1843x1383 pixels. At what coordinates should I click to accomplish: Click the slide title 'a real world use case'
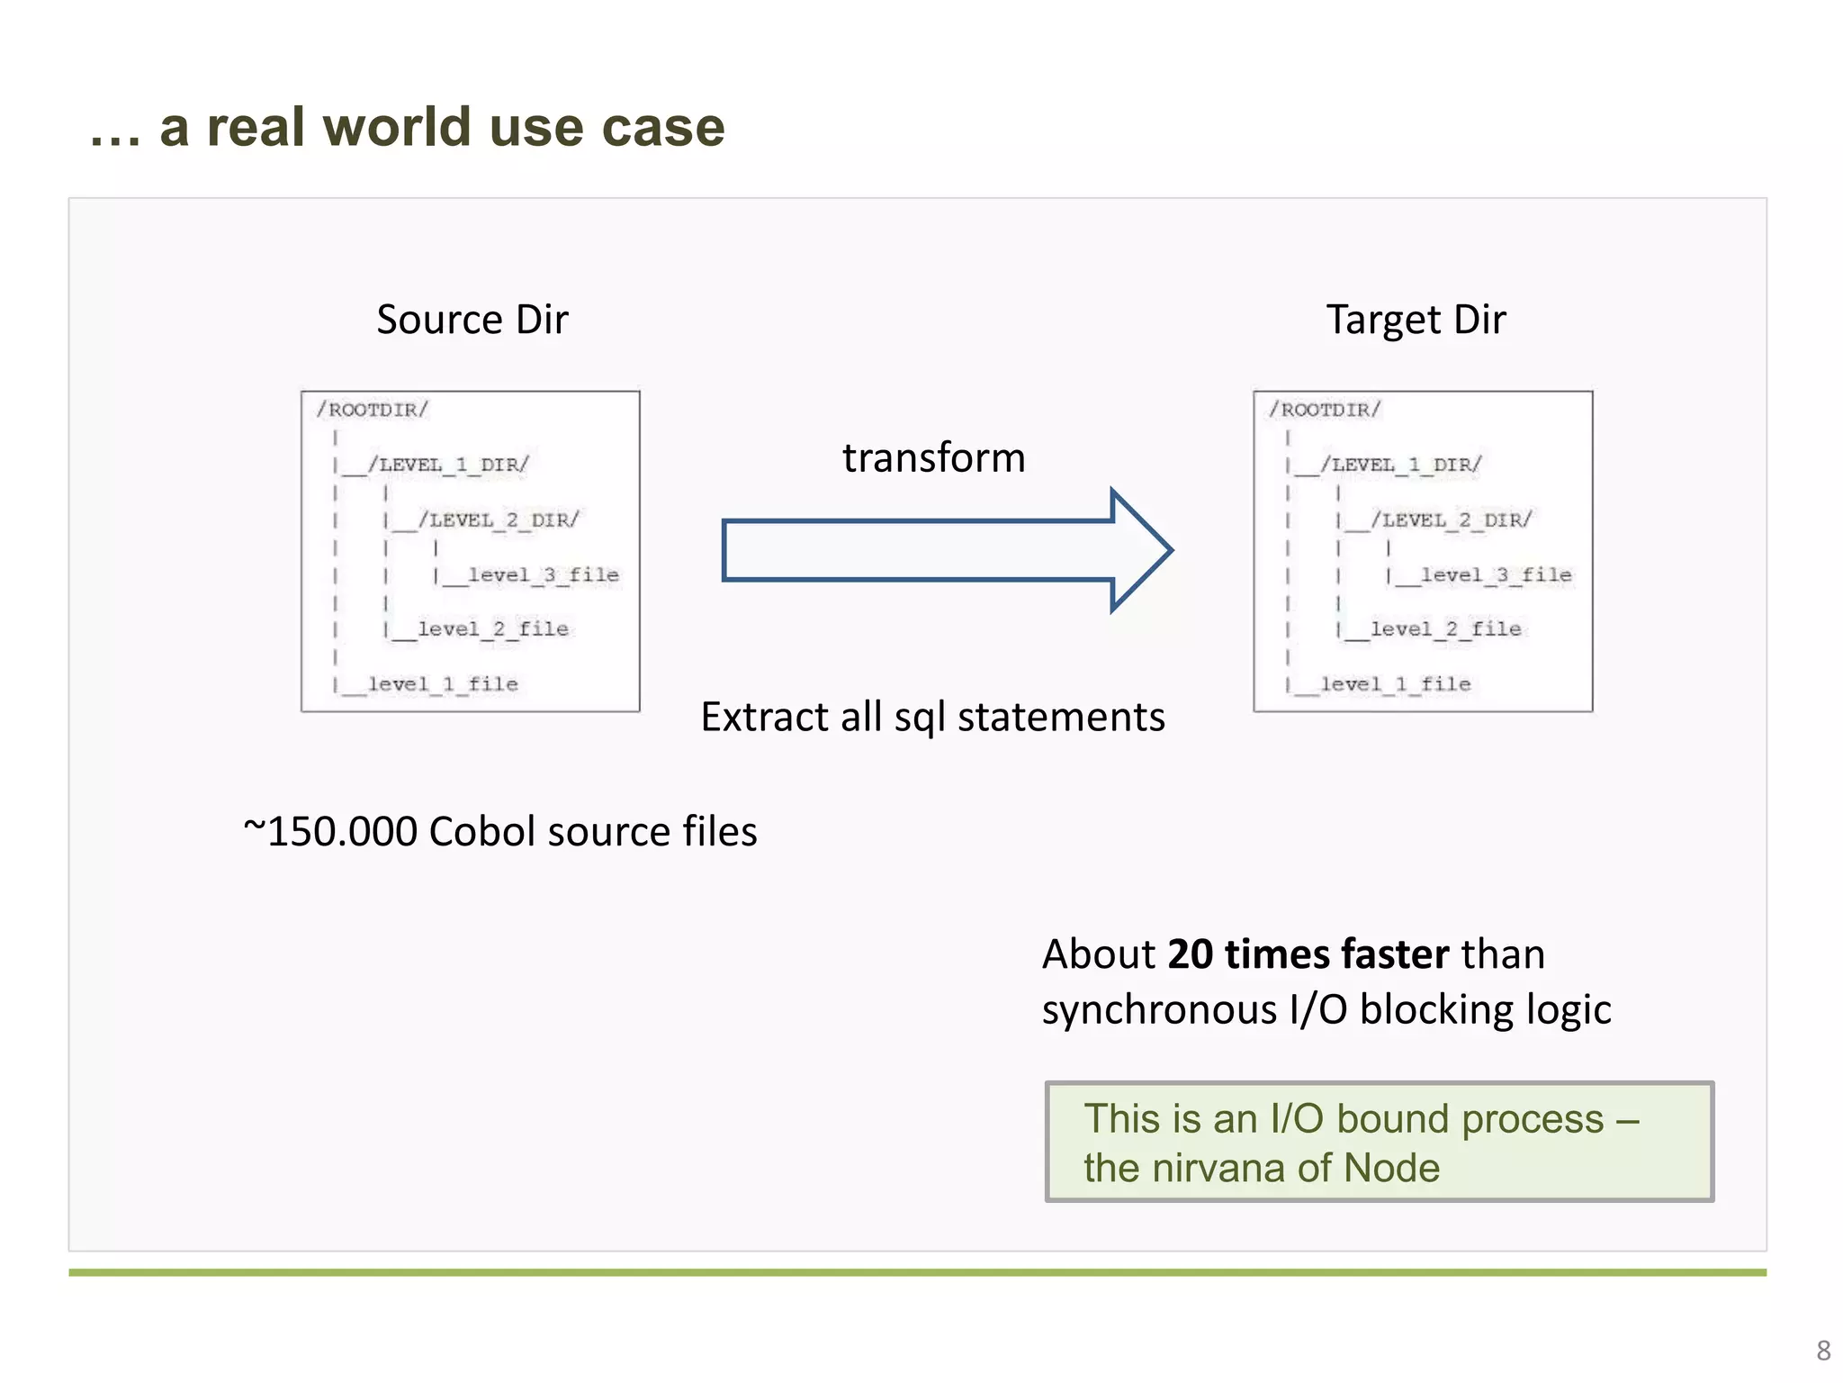pos(441,126)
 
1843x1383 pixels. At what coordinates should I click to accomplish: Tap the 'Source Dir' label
pos(472,320)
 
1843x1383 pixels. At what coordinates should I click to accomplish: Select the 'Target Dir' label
pos(1416,320)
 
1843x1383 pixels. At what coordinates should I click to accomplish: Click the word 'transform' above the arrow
pos(933,457)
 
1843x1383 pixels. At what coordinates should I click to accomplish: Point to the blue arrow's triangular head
pos(1140,550)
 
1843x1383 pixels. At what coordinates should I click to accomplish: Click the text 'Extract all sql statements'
pos(932,718)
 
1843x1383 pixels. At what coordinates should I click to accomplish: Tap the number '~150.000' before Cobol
pos(330,831)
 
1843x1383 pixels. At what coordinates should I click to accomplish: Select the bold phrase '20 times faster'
pos(1308,954)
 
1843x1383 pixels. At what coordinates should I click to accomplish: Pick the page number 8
pos(1823,1351)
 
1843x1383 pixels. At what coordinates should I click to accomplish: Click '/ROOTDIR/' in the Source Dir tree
pos(372,411)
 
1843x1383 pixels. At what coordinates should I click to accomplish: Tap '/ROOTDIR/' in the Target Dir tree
pos(1325,411)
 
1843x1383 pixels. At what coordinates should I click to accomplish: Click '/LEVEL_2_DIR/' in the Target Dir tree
pos(1451,520)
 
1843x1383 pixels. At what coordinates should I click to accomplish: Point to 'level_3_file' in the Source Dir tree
pos(543,574)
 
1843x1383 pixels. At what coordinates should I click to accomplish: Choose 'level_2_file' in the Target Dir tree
pos(1445,629)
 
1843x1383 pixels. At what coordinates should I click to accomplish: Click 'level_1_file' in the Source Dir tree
pos(443,684)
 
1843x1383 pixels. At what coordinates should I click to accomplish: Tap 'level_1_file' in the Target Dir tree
pos(1395,684)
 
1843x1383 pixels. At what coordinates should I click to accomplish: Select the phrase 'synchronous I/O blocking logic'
pos(1326,1009)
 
